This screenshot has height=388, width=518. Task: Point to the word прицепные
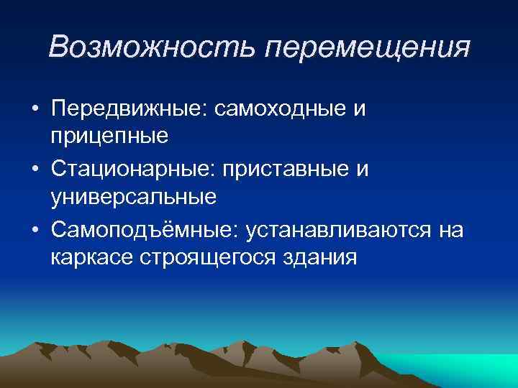click(109, 135)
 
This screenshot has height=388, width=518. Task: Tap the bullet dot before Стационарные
click(35, 170)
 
